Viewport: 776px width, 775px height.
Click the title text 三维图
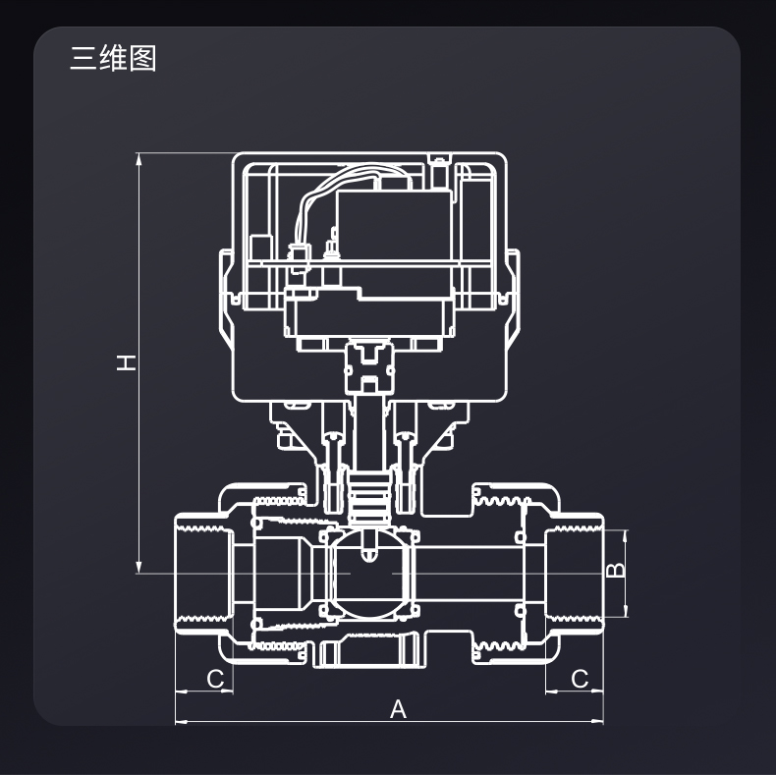click(113, 58)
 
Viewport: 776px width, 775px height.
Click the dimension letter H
click(126, 361)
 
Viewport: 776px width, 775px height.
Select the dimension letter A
click(398, 708)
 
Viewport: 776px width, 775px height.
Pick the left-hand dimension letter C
click(215, 679)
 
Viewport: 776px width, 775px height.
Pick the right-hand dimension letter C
click(580, 679)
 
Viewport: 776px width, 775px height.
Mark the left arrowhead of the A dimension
click(181, 722)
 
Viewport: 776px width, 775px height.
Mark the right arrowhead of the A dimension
click(598, 722)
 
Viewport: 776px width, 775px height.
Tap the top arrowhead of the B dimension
click(626, 535)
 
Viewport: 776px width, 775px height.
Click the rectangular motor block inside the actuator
click(393, 226)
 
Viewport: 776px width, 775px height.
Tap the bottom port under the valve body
click(368, 650)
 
